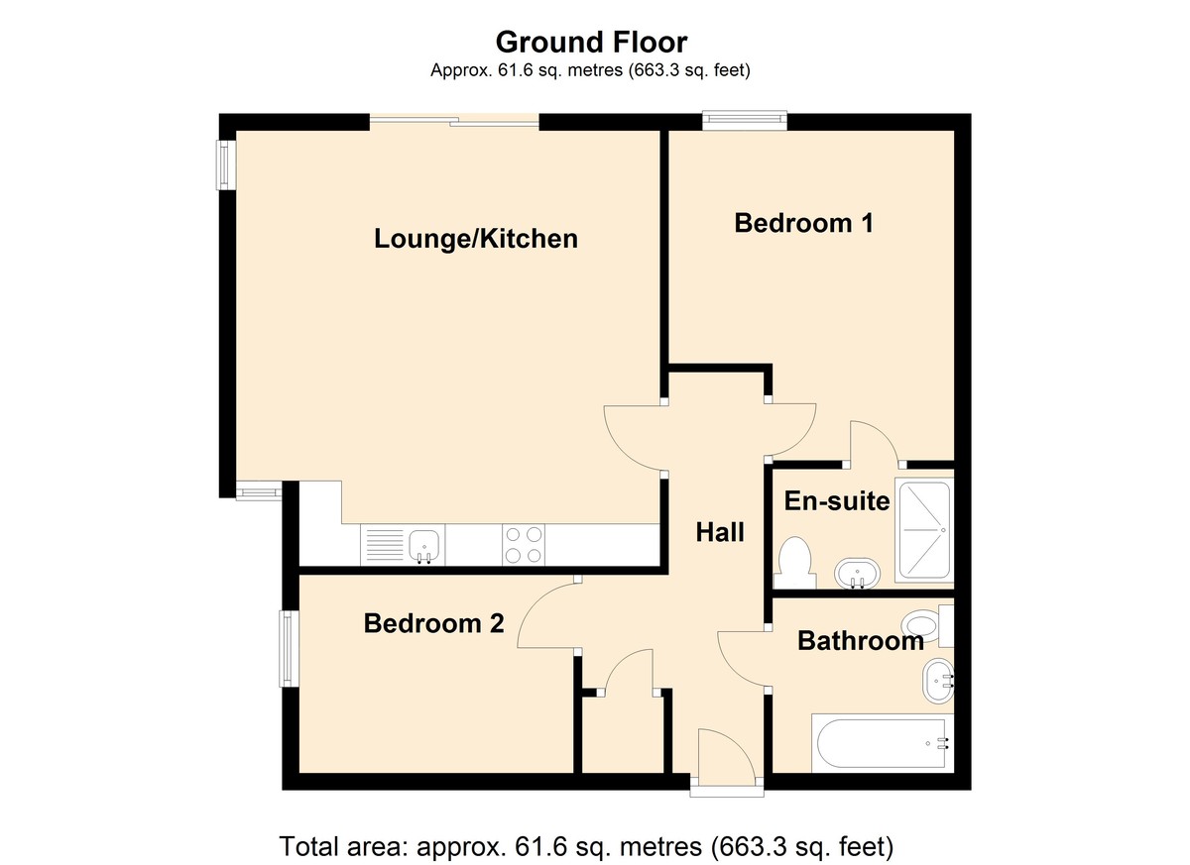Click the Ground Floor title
591,43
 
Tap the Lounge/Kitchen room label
476,239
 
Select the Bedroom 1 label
804,223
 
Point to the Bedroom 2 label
433,623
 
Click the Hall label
720,532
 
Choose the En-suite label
837,501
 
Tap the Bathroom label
861,641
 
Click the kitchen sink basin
423,546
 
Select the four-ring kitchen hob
524,545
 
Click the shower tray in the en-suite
924,530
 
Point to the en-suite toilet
795,563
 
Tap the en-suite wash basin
857,574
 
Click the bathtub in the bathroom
883,743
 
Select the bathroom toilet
927,625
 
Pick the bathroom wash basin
938,682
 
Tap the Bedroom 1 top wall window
744,120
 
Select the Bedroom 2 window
288,648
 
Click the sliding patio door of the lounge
454,122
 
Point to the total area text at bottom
586,846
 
